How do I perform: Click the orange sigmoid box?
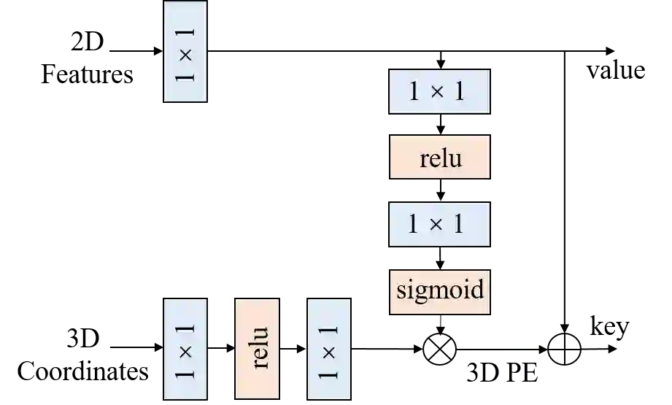pyautogui.click(x=439, y=291)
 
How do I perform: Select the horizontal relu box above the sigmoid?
pyautogui.click(x=439, y=158)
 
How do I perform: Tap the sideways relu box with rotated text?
pyautogui.click(x=257, y=349)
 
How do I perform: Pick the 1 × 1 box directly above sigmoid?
pyautogui.click(x=439, y=224)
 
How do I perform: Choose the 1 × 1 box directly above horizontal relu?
pyautogui.click(x=439, y=92)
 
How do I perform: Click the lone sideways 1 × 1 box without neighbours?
pyautogui.click(x=186, y=52)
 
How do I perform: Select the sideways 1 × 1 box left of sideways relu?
pyautogui.click(x=186, y=349)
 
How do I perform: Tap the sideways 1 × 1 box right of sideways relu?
pyautogui.click(x=328, y=349)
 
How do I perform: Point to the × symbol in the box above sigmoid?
pyautogui.click(x=436, y=224)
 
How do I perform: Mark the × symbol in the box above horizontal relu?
pyautogui.click(x=436, y=92)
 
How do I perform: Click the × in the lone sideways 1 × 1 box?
pyautogui.click(x=186, y=53)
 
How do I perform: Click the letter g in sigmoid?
pyautogui.click(x=420, y=293)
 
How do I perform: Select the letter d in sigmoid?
pyautogui.click(x=477, y=290)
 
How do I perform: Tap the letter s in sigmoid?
pyautogui.click(x=401, y=291)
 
